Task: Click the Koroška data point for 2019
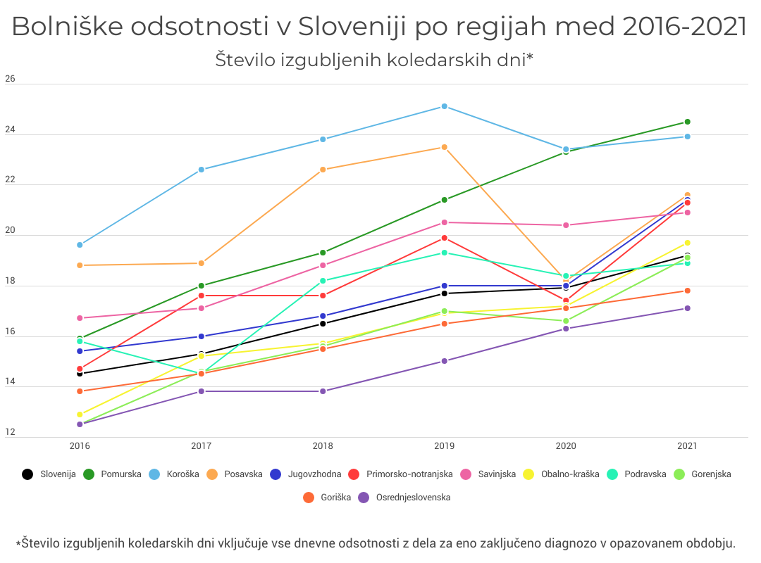445,106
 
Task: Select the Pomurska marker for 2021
688,122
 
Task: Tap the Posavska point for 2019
445,147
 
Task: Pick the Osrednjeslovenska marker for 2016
80,424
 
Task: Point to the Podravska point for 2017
202,374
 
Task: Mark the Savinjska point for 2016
80,318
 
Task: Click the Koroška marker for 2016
80,245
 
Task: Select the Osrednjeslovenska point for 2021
688,308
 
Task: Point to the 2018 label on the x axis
323,446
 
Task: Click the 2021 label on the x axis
688,446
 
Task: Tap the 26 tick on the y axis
10,79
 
